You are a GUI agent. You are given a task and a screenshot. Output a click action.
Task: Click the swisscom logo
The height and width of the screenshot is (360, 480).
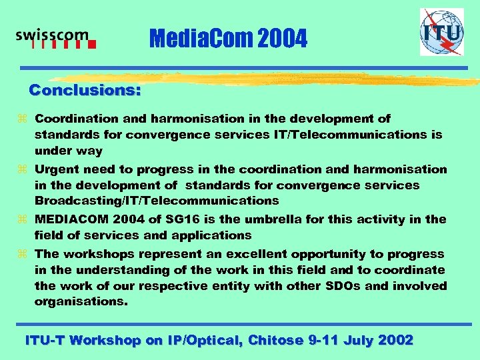[x=56, y=39]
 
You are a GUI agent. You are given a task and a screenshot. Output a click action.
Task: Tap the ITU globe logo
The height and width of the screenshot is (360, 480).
[x=441, y=32]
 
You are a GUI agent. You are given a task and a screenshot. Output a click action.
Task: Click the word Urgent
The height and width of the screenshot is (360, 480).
[x=56, y=169]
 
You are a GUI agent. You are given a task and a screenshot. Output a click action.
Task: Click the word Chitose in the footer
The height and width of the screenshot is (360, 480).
[x=275, y=340]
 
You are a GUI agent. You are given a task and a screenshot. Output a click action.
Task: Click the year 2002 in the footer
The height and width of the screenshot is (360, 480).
[x=395, y=340]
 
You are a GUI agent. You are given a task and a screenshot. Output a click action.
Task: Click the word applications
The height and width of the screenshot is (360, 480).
[x=212, y=235]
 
